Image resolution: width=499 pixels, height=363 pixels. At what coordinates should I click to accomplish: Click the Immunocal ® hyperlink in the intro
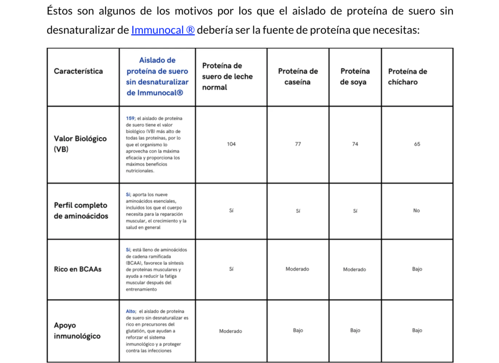click(163, 30)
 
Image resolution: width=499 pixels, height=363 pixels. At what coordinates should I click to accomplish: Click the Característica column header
click(78, 71)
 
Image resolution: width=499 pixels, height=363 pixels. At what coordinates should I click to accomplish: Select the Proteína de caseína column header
click(298, 77)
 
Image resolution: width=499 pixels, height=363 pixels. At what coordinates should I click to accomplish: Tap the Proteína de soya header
click(355, 77)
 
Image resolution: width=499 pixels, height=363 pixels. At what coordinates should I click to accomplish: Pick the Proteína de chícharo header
click(407, 77)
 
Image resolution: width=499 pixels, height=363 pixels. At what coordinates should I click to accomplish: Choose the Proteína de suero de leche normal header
click(228, 77)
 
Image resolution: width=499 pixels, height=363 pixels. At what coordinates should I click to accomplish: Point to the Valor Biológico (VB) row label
click(80, 144)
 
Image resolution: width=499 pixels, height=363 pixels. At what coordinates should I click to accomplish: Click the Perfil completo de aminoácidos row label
click(80, 210)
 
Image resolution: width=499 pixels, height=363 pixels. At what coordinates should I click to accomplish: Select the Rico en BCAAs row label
click(78, 269)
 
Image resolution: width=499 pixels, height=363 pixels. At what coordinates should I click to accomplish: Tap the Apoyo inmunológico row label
click(77, 330)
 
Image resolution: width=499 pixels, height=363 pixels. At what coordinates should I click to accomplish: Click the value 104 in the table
click(231, 144)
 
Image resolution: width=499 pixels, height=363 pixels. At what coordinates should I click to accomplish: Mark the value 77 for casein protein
click(298, 144)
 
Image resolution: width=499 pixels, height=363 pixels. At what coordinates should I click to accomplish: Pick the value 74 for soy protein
click(355, 144)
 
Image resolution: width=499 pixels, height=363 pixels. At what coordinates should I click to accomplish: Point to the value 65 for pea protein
click(417, 144)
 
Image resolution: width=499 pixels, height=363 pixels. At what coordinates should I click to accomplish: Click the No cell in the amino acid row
click(417, 211)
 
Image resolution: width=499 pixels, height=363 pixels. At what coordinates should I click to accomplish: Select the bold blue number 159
click(131, 119)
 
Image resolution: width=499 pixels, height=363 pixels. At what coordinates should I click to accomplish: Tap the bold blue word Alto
click(131, 311)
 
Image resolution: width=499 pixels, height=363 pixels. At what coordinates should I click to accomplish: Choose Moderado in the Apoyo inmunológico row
click(230, 331)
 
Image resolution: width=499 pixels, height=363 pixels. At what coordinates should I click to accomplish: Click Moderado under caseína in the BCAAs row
click(297, 269)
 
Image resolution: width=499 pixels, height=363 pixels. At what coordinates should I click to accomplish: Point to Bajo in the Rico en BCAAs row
click(417, 269)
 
